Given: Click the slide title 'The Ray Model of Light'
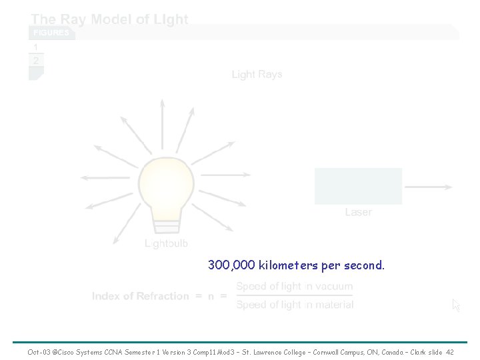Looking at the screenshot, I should click(110, 19).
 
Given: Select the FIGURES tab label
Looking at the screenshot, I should click(51, 33).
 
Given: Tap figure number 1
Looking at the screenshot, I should click(36, 48).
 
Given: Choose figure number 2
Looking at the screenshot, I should click(36, 61).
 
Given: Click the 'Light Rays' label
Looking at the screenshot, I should click(257, 74).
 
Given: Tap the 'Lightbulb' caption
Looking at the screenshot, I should click(167, 243).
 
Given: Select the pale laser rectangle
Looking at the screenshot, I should click(359, 186).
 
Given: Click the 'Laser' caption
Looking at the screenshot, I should click(359, 212).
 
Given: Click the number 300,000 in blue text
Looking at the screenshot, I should click(231, 265).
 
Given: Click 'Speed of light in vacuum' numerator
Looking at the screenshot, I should click(295, 287).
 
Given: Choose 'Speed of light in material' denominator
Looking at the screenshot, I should click(295, 305).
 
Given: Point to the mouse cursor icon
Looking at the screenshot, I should click(456, 305).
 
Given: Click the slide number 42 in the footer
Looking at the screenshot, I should click(450, 351).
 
